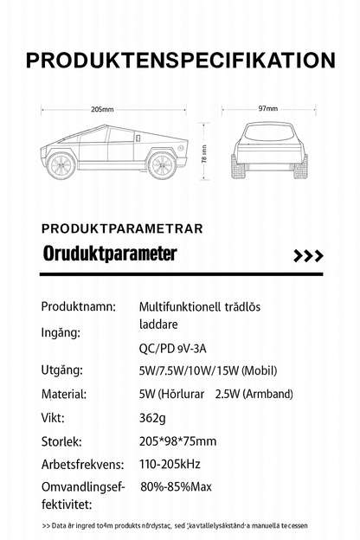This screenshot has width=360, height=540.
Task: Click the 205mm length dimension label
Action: click(x=102, y=109)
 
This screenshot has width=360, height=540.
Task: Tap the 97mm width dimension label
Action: click(x=267, y=109)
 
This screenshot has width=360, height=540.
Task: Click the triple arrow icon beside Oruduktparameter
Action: click(x=308, y=256)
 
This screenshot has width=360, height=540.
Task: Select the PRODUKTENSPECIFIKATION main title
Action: click(x=180, y=60)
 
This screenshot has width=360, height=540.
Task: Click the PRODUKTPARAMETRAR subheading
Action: click(x=122, y=228)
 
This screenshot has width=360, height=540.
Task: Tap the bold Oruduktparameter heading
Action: click(x=109, y=254)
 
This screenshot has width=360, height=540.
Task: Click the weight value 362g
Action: click(x=151, y=416)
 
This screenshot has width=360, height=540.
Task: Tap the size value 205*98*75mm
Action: click(x=179, y=440)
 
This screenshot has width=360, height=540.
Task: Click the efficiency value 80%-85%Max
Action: click(x=176, y=486)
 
